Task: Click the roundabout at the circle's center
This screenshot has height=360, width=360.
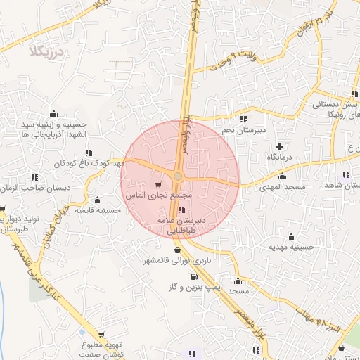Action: [179, 176]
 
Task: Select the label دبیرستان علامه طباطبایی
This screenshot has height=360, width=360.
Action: [181, 224]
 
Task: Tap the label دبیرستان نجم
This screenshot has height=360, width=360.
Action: [243, 130]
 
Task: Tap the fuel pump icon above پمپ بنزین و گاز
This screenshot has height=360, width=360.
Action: [193, 276]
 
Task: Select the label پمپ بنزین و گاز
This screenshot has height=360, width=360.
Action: [195, 288]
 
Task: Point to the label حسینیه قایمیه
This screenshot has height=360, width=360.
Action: [96, 210]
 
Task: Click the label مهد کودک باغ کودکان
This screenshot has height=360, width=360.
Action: [89, 163]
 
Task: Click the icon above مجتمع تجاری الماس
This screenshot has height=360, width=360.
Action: [157, 184]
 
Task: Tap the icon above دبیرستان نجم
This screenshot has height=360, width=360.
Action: [243, 119]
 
